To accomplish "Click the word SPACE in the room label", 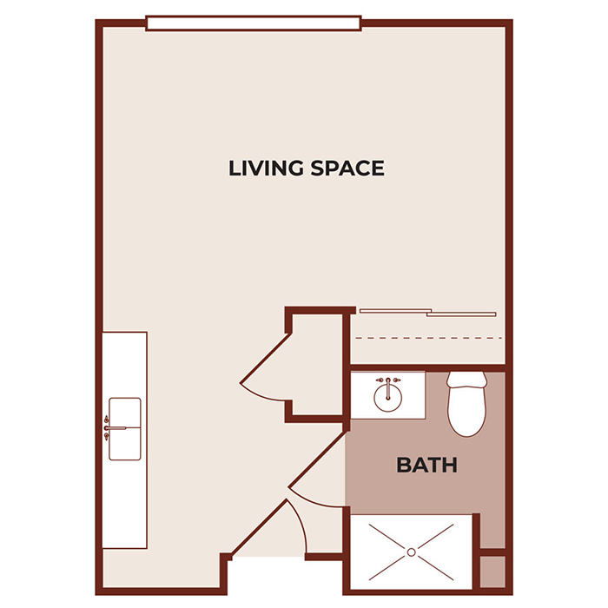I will click(346, 168).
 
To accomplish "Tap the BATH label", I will click(426, 466).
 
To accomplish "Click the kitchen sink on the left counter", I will click(125, 427).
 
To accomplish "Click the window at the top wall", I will click(254, 23).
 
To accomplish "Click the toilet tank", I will click(467, 380).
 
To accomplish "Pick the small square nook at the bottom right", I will click(492, 573).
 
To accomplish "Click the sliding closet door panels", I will click(427, 312).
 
